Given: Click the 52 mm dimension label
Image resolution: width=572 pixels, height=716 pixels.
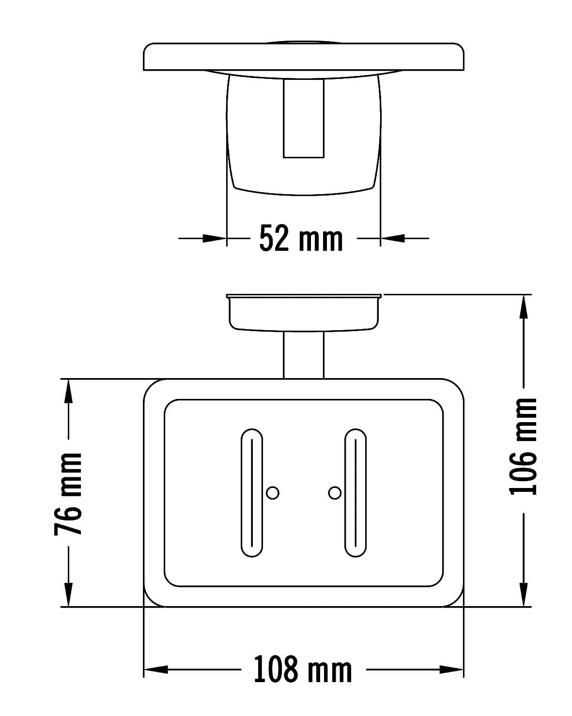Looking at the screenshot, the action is click(x=301, y=238).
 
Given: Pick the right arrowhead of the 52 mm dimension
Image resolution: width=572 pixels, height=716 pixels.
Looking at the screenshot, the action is click(x=392, y=238).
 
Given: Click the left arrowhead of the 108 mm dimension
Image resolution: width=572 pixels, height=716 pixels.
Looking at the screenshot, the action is click(x=155, y=670).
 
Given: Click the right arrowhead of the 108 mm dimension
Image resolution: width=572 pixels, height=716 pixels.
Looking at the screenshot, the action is click(x=451, y=670).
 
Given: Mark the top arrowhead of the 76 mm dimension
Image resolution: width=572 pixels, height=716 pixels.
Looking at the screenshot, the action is click(x=68, y=391).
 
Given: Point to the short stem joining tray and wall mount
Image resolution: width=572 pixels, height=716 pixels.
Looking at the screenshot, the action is click(x=303, y=355).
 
